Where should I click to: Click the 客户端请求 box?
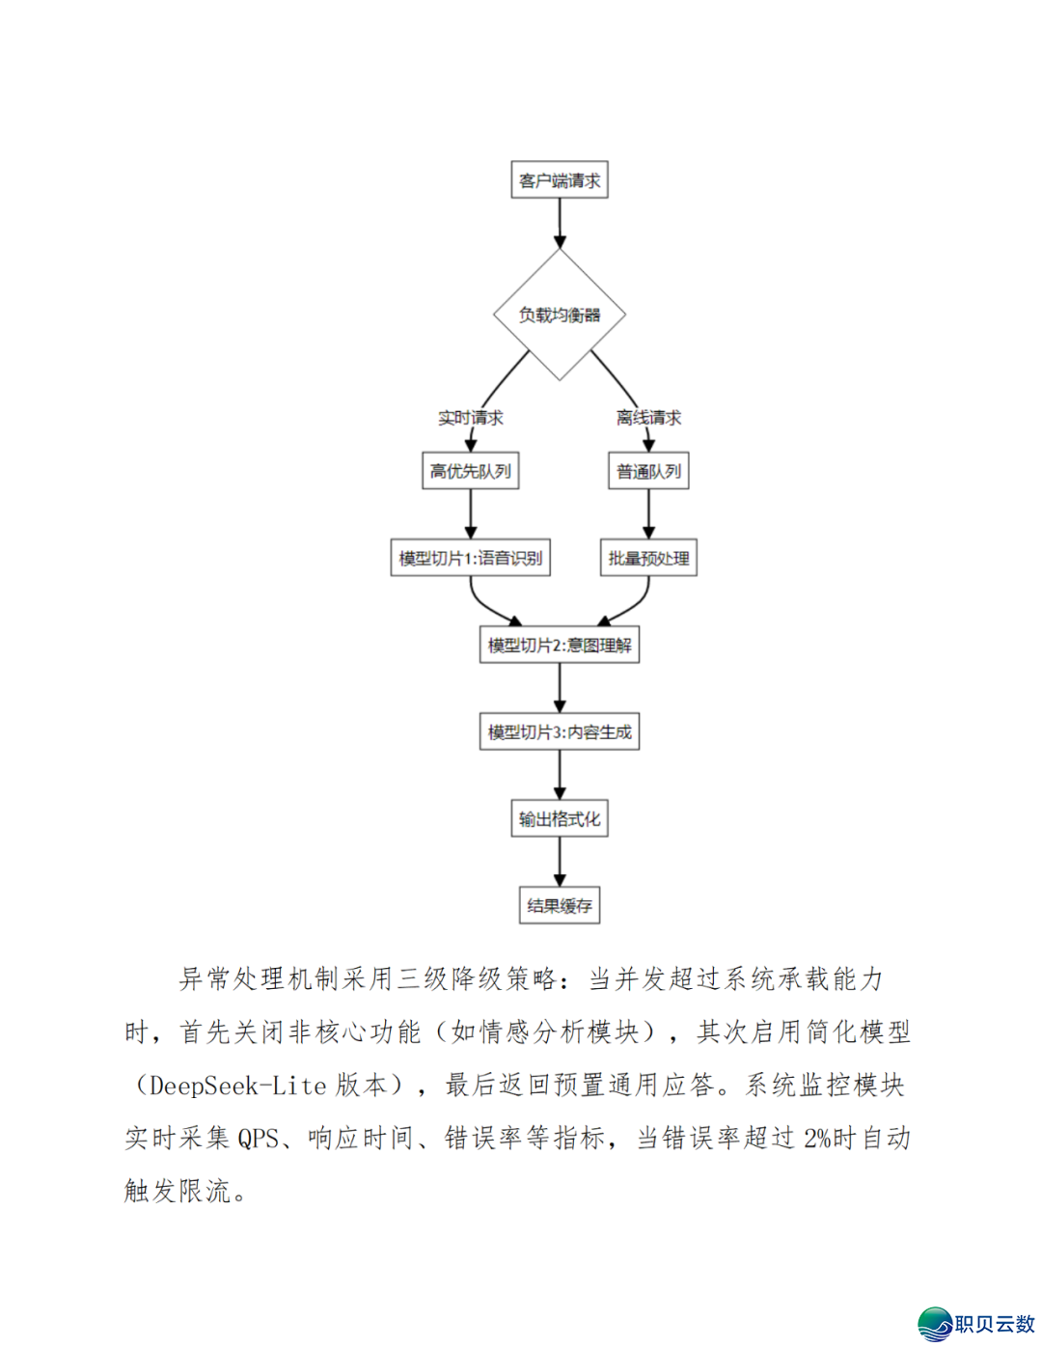[x=560, y=180]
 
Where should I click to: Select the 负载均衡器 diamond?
[x=560, y=315]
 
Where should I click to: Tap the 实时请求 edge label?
[x=471, y=418]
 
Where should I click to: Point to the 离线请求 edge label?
[x=648, y=418]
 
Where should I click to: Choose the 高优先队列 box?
[x=471, y=471]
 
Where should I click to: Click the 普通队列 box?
[x=648, y=471]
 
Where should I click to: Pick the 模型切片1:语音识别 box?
[x=471, y=558]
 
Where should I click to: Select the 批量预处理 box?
[x=648, y=558]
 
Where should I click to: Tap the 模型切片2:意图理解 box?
[x=560, y=645]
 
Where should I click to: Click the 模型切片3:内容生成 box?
[x=560, y=731]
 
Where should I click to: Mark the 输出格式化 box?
[x=560, y=819]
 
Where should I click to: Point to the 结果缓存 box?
[x=560, y=905]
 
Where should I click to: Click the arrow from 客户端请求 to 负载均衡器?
[x=560, y=223]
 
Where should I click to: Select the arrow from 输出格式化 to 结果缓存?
[x=560, y=861]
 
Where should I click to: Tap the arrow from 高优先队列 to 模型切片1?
[x=471, y=513]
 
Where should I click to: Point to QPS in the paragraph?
[x=259, y=1139]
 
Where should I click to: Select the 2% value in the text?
[x=816, y=1139]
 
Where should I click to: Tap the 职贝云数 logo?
[x=976, y=1324]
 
